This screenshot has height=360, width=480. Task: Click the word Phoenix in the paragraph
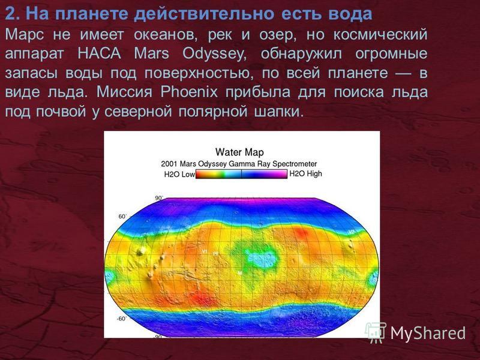[x=189, y=92]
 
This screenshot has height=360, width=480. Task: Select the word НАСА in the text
[x=99, y=53]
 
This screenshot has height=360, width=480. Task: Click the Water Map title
[x=239, y=152]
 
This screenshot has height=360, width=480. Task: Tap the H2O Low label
[x=179, y=175]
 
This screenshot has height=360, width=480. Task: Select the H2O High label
[x=305, y=174]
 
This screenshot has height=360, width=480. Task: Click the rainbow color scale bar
[x=241, y=174]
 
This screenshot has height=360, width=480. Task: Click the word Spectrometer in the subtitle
[x=295, y=164]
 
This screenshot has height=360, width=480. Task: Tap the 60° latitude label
[x=122, y=217]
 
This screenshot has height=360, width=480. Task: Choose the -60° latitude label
[x=121, y=319]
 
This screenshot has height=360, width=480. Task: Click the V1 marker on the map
[x=205, y=251]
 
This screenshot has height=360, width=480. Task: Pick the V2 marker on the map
[x=352, y=232]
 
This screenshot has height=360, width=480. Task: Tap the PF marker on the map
[x=216, y=254]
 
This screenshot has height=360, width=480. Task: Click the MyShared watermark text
[x=428, y=333]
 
